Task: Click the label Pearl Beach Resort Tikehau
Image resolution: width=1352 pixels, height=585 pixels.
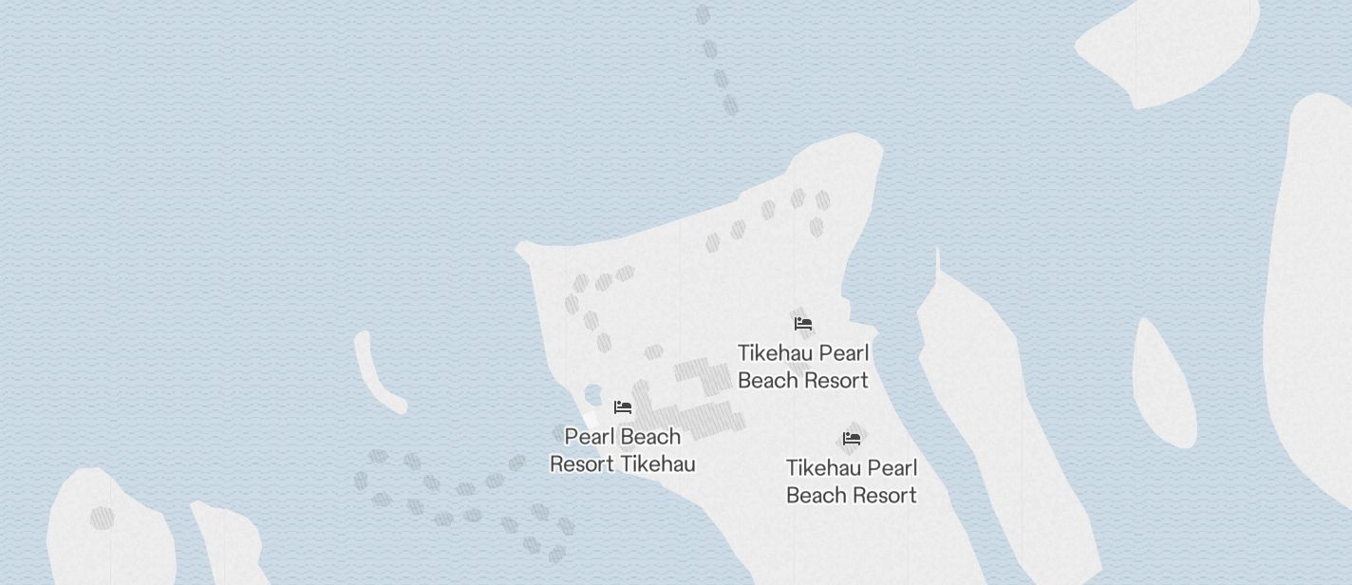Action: [x=623, y=450]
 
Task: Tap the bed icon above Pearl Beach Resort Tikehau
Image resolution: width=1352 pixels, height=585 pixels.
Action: [x=623, y=407]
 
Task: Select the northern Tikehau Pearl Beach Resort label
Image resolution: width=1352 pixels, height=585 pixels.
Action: [x=803, y=367]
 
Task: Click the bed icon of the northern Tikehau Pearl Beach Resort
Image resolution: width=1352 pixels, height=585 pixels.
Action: [x=803, y=324]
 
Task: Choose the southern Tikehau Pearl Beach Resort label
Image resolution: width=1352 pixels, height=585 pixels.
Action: [x=852, y=481]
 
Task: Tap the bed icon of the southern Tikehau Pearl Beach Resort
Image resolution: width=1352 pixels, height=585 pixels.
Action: [x=852, y=439]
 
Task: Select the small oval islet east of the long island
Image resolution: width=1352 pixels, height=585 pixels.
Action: [x=1163, y=385]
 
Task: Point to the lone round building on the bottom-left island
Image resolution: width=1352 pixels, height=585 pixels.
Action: [x=102, y=518]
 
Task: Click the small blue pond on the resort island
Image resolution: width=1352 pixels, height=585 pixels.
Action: [x=593, y=395]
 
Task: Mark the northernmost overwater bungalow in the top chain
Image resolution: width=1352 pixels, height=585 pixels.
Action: [x=703, y=15]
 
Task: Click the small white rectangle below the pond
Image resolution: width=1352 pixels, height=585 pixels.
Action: [x=590, y=420]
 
